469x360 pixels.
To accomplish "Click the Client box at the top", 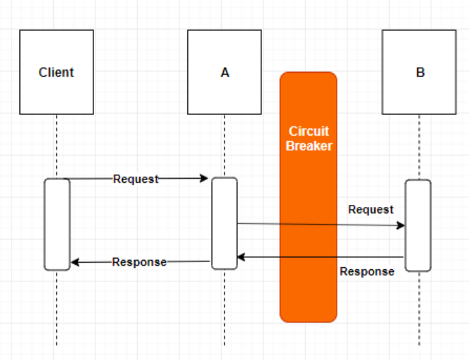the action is tap(56, 72).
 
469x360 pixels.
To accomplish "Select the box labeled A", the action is tap(224, 72).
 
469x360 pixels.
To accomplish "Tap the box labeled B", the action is tap(419, 72).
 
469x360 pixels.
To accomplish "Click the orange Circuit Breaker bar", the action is tap(308, 197).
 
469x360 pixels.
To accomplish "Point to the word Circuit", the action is tap(308, 131).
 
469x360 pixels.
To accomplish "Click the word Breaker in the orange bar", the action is tap(309, 146).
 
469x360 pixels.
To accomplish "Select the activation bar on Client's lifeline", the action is tap(57, 224).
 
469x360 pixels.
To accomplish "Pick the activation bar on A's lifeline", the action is tap(224, 224).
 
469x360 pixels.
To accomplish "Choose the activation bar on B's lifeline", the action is tap(418, 226).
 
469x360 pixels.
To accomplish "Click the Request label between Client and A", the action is tap(136, 179).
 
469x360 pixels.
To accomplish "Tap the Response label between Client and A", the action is tap(139, 262).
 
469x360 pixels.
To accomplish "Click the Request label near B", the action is tap(371, 210).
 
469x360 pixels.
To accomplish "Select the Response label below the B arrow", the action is tap(367, 271).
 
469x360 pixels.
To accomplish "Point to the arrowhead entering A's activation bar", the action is tap(204, 179).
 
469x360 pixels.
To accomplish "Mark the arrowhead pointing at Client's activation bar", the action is tap(75, 262).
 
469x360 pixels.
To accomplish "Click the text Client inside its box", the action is tap(56, 73).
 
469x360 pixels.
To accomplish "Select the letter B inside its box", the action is tap(420, 73).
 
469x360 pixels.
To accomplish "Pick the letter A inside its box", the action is tap(225, 73).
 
